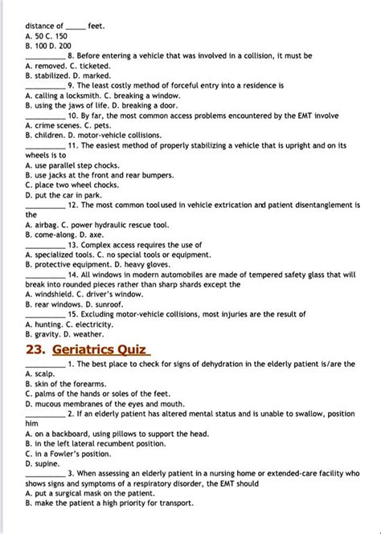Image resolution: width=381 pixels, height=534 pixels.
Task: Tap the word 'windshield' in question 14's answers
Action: click(x=55, y=294)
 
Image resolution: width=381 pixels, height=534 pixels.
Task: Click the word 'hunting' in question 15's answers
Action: click(x=51, y=324)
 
